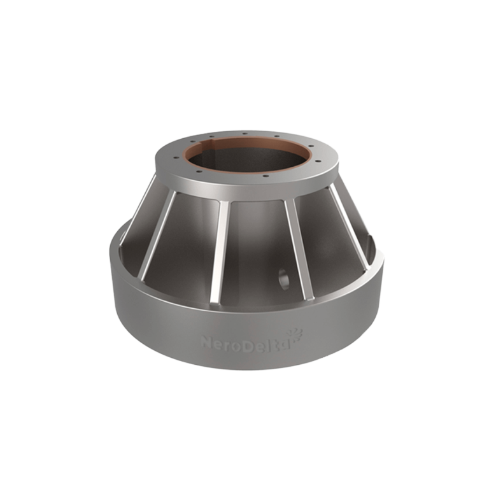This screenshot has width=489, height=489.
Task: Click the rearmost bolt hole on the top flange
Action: [245, 133]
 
